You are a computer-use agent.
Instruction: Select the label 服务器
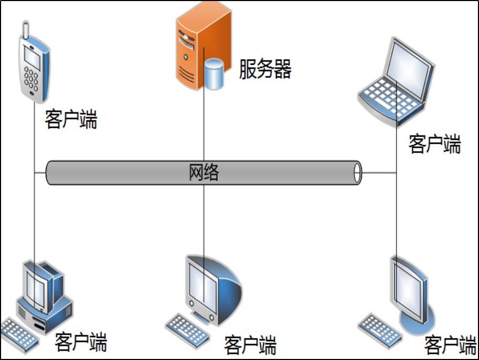point(265,69)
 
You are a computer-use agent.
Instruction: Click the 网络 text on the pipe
point(203,172)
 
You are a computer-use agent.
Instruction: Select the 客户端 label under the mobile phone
point(71,119)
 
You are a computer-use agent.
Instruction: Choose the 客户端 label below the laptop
point(434,144)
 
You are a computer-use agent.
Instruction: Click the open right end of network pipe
point(358,173)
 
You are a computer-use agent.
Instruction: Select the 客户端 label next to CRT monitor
point(250,345)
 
